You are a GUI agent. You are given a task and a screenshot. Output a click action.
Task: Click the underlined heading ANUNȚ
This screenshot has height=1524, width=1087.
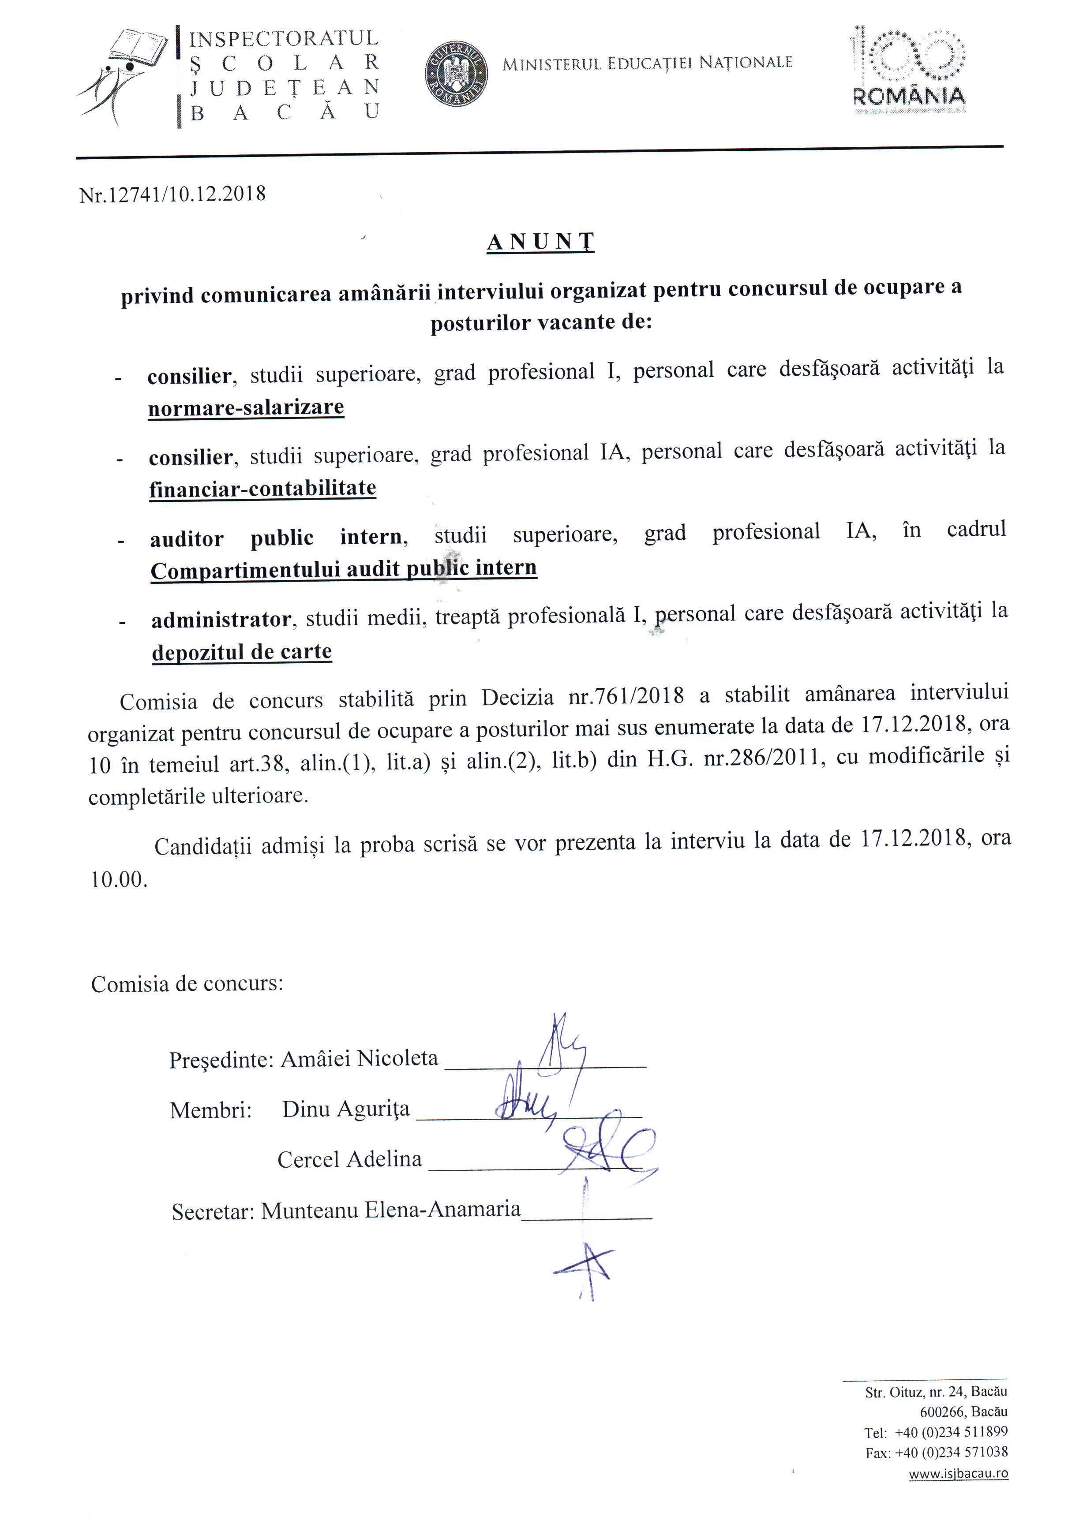(540, 242)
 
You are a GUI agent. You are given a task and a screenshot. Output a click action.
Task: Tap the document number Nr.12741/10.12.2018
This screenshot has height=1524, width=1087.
(172, 194)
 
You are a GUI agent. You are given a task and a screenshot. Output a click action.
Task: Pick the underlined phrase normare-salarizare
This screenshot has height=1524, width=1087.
(246, 407)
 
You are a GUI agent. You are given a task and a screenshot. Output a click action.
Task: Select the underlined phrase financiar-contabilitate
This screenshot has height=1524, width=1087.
(262, 488)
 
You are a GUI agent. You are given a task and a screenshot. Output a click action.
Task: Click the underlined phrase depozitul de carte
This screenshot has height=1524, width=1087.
(242, 652)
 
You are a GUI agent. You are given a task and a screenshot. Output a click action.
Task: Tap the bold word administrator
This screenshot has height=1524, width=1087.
(221, 620)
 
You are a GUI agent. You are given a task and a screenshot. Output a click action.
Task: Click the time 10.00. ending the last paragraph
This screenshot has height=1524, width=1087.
(119, 879)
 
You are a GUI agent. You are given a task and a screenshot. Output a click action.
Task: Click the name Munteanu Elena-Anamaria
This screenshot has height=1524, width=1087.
(391, 1210)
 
